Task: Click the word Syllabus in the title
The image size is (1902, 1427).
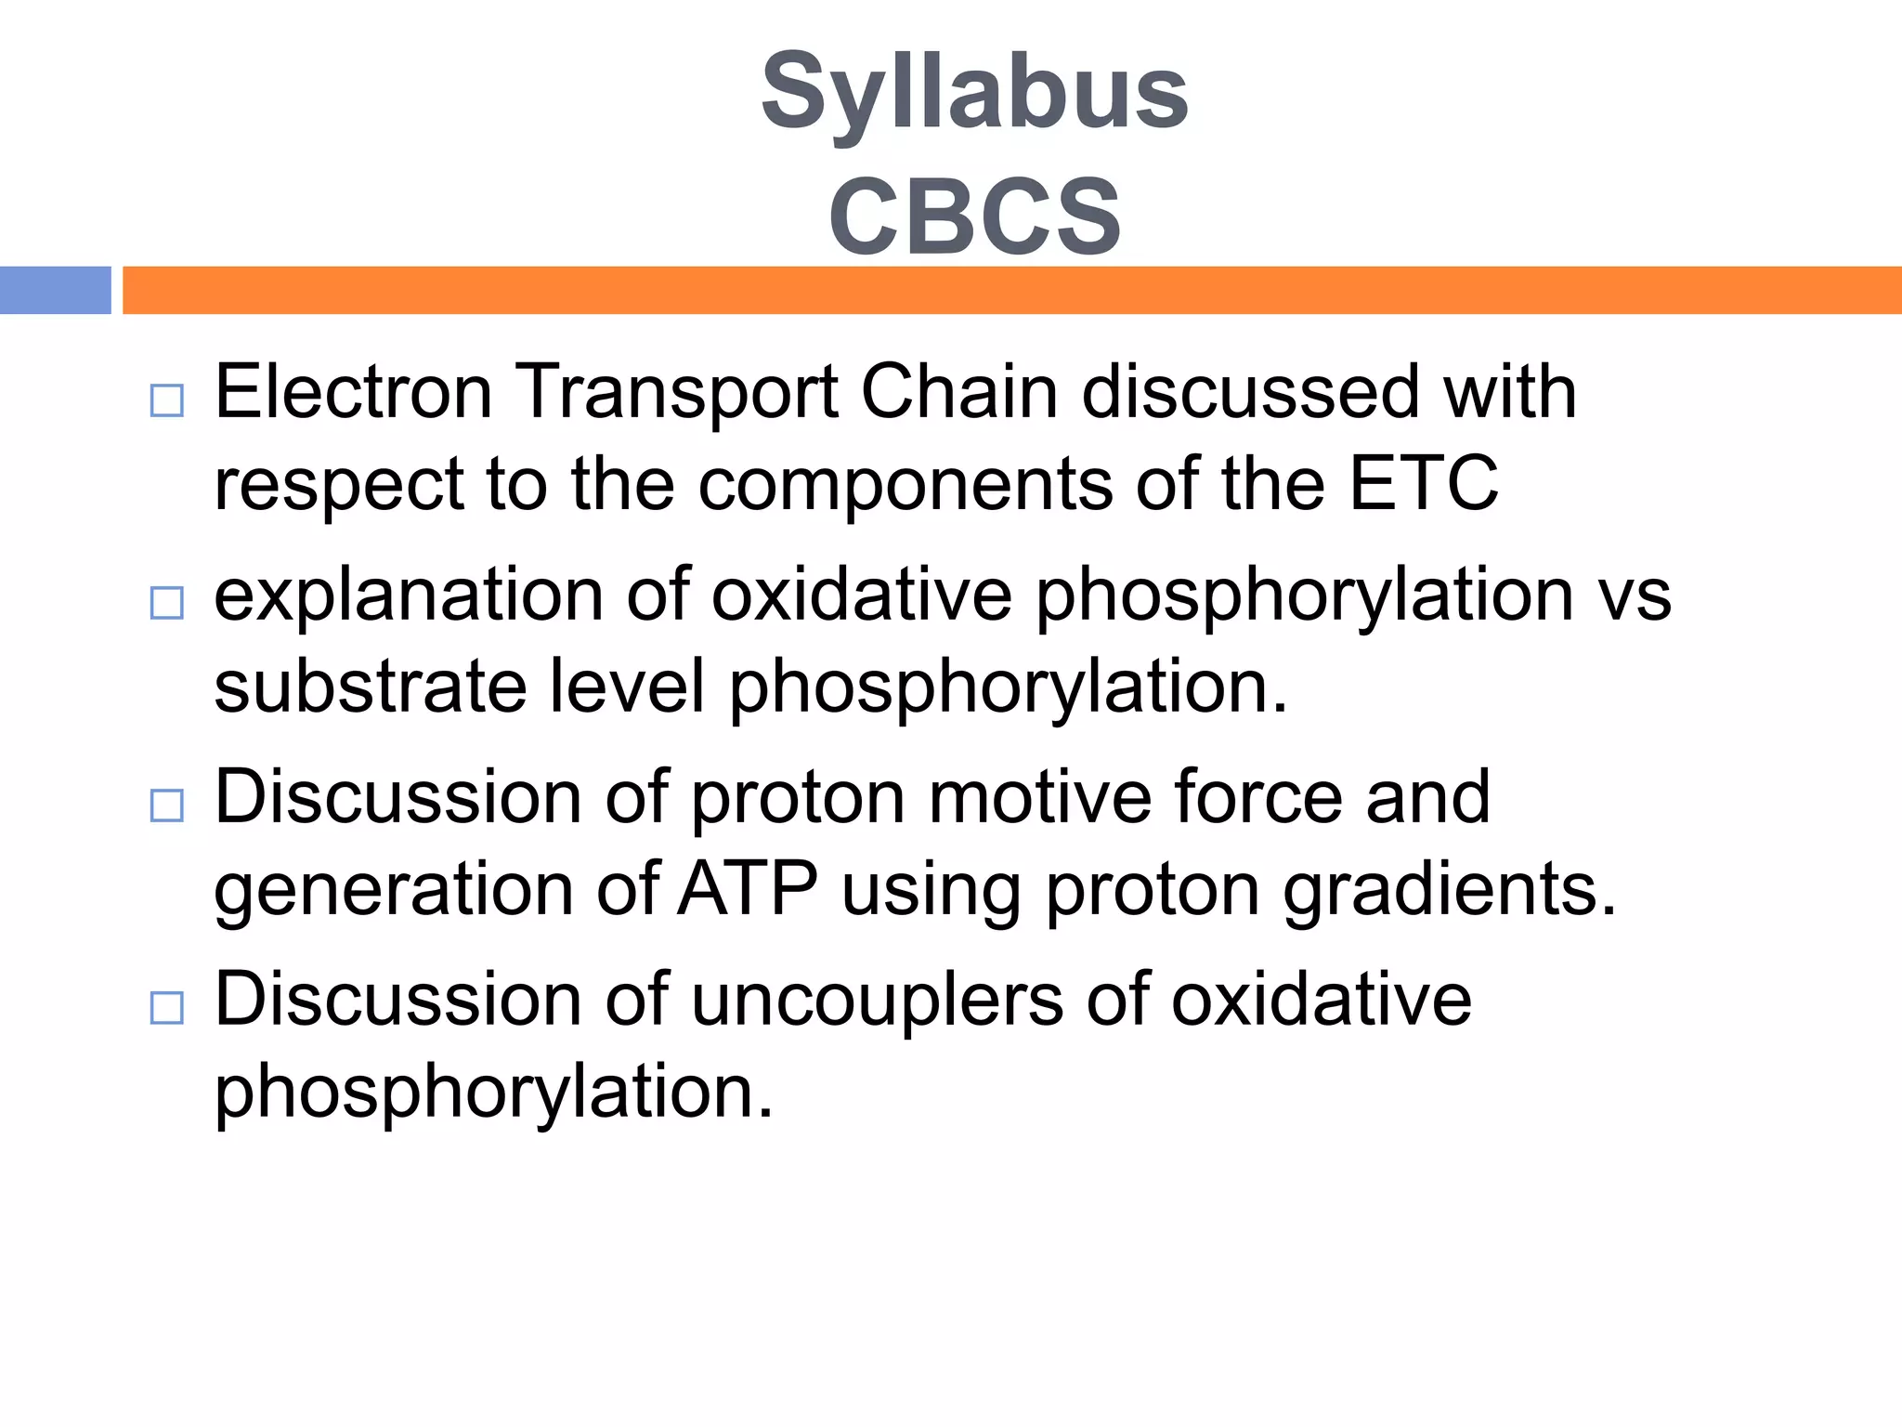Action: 974,93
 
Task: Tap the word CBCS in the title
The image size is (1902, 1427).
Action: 974,216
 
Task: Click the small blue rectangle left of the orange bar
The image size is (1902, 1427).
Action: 55,290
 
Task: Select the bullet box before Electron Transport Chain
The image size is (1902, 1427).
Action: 167,400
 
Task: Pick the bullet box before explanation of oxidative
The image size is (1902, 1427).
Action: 167,603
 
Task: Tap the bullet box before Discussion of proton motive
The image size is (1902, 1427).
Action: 167,805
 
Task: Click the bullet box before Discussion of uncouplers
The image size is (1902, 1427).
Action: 167,1008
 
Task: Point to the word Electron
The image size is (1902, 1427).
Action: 353,392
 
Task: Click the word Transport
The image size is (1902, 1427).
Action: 677,392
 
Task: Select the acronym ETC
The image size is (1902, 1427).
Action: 1423,483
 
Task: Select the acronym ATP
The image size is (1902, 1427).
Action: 748,889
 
